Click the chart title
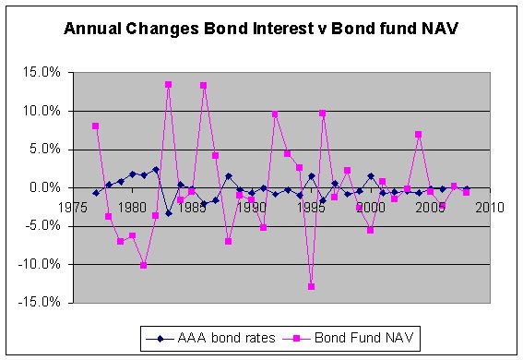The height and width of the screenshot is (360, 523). click(261, 29)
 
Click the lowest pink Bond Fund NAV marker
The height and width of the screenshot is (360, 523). click(311, 286)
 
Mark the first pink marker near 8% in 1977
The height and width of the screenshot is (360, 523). click(96, 126)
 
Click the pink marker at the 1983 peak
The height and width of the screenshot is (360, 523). click(168, 84)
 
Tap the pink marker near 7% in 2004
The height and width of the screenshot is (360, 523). click(418, 134)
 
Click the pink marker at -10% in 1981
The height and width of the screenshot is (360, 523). click(144, 265)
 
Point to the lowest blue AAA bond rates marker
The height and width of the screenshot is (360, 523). click(168, 213)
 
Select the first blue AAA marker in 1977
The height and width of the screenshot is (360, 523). click(96, 193)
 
